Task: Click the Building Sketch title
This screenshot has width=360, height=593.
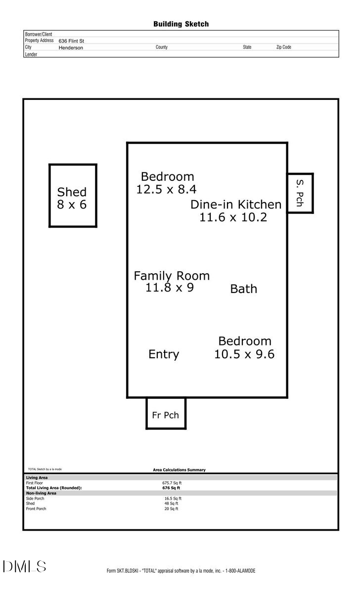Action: (x=180, y=24)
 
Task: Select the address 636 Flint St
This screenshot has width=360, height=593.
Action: (x=71, y=41)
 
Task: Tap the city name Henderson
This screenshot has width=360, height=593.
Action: (x=71, y=48)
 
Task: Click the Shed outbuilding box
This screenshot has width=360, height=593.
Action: (x=73, y=196)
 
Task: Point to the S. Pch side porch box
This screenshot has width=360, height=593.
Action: (x=300, y=193)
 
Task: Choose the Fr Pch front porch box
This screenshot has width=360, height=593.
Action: (x=166, y=413)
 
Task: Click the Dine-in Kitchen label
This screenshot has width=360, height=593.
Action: (x=236, y=205)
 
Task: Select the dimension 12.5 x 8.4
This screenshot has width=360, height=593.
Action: (x=167, y=189)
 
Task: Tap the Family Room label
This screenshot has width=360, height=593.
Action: (x=172, y=276)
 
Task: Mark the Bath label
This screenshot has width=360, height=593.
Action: (x=244, y=289)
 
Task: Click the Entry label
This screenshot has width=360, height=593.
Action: (x=164, y=354)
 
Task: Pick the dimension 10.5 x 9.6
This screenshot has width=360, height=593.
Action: (x=244, y=354)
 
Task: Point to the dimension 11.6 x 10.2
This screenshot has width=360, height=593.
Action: (x=233, y=217)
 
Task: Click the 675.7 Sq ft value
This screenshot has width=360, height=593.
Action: (x=172, y=483)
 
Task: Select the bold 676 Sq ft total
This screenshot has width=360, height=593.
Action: (x=171, y=488)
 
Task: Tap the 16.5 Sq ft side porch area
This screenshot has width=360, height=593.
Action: (x=173, y=499)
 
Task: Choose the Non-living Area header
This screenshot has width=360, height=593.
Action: (x=41, y=493)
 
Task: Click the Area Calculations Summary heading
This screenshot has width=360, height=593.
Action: (x=179, y=470)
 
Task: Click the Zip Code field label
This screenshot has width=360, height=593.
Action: (x=283, y=47)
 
